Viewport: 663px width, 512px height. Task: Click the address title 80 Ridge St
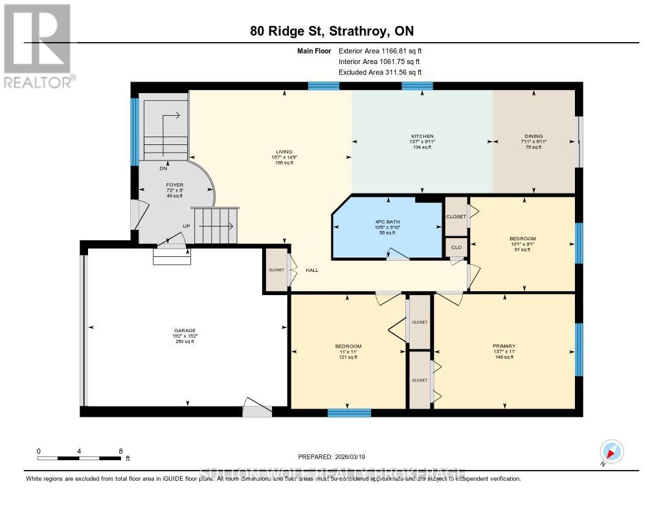pyautogui.click(x=331, y=31)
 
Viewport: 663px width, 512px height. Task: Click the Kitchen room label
pyautogui.click(x=421, y=136)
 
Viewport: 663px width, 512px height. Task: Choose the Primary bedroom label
pyautogui.click(x=504, y=346)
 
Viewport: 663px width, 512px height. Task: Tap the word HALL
pyautogui.click(x=311, y=270)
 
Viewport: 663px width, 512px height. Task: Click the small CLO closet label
pyautogui.click(x=456, y=247)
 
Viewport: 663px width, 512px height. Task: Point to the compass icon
pyautogui.click(x=612, y=452)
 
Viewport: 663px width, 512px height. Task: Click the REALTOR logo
pyautogui.click(x=37, y=46)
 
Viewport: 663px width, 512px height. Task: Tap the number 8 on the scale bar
pyautogui.click(x=120, y=451)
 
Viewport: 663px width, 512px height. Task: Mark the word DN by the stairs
pyautogui.click(x=163, y=168)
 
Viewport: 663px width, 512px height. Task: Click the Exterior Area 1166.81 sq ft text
pyautogui.click(x=381, y=50)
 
